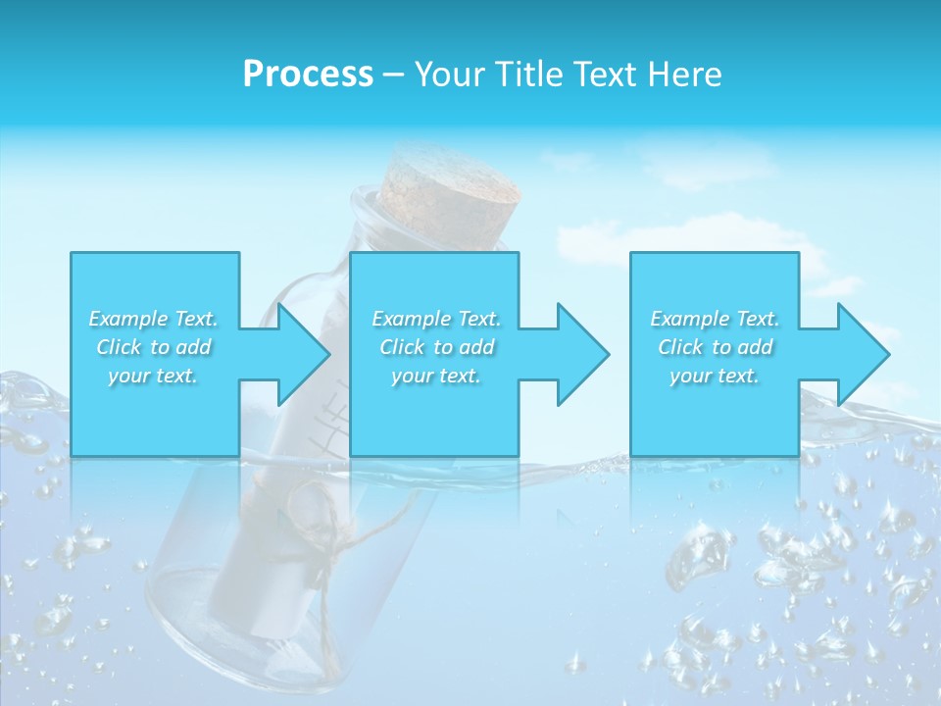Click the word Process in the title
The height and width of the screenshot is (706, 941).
tap(308, 75)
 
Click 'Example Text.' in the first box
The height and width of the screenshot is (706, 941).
tap(154, 319)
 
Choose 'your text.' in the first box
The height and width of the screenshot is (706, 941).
tap(154, 376)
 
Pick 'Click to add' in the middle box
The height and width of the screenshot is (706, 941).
tap(436, 347)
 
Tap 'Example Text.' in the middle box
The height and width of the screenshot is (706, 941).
tap(436, 319)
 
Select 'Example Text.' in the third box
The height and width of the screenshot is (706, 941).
tap(715, 319)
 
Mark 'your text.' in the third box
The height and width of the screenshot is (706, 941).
tap(715, 376)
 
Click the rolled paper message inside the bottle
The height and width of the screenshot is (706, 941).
tap(265, 549)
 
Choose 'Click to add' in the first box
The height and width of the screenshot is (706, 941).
tap(154, 347)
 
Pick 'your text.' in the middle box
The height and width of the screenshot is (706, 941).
tap(436, 376)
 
